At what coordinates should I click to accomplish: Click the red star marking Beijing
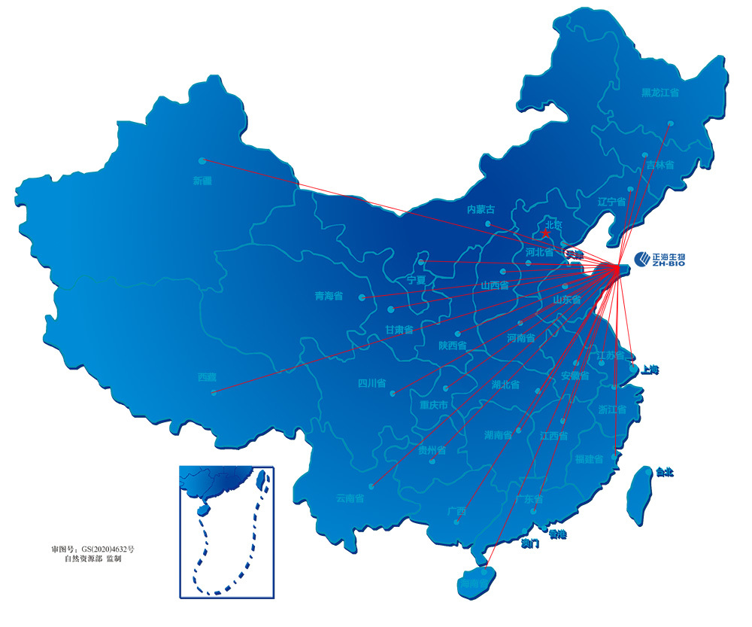point(547,233)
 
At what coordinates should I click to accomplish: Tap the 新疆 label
point(202,181)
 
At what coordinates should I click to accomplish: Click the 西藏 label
point(206,377)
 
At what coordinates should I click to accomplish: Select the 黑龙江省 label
point(660,93)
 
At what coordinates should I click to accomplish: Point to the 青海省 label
point(329,296)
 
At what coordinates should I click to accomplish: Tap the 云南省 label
point(350,498)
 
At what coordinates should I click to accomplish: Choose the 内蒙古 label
point(481,209)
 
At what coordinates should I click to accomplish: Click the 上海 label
point(650,370)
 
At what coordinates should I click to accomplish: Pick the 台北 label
point(664,473)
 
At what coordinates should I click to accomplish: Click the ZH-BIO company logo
point(659,260)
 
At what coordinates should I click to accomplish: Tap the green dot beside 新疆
point(202,160)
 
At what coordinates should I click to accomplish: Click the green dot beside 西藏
point(214,392)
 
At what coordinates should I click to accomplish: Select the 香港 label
point(557,534)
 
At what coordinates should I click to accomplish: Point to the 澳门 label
point(529,543)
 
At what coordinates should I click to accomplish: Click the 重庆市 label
point(434,405)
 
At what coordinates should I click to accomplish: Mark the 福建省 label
point(589,459)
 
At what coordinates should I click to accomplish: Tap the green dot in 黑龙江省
point(670,123)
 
